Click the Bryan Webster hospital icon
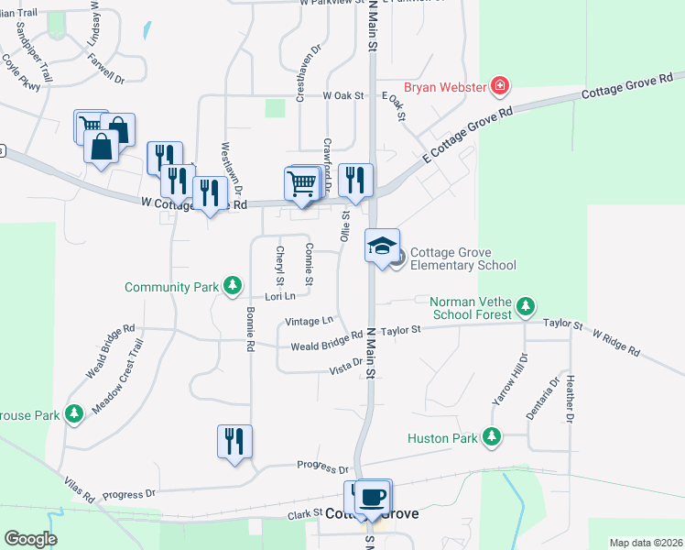(x=500, y=87)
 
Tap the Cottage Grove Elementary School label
(x=462, y=259)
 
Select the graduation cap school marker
(x=382, y=246)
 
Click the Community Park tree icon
(x=234, y=287)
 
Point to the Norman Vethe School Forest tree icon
(x=525, y=305)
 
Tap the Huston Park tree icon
(x=493, y=437)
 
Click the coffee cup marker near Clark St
(x=372, y=497)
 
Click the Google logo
(x=30, y=539)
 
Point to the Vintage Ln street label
(x=309, y=322)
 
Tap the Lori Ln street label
(x=280, y=296)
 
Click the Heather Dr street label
(x=570, y=399)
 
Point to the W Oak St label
(x=343, y=95)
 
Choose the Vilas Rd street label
(x=80, y=489)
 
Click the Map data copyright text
(x=646, y=543)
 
